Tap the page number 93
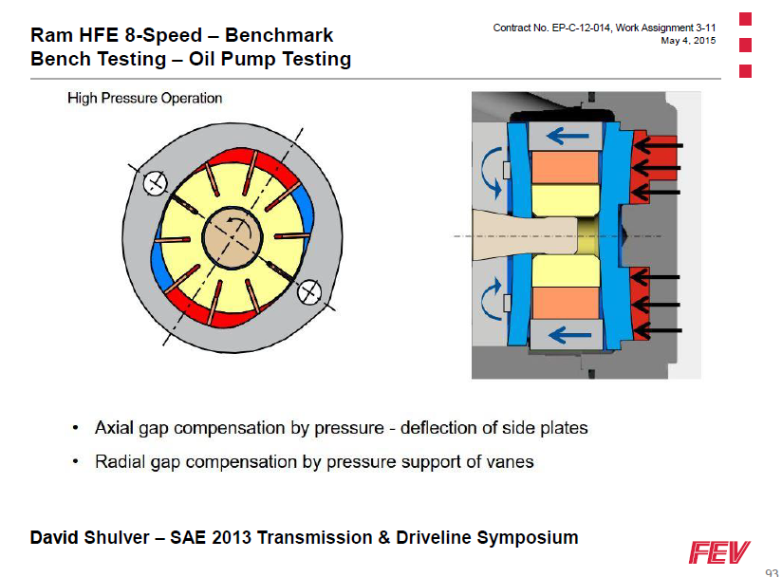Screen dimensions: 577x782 771,572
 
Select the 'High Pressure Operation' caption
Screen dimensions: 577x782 144,98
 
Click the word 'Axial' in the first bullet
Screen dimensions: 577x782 115,428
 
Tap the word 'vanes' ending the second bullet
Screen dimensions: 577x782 512,462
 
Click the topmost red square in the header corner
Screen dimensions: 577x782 745,18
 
